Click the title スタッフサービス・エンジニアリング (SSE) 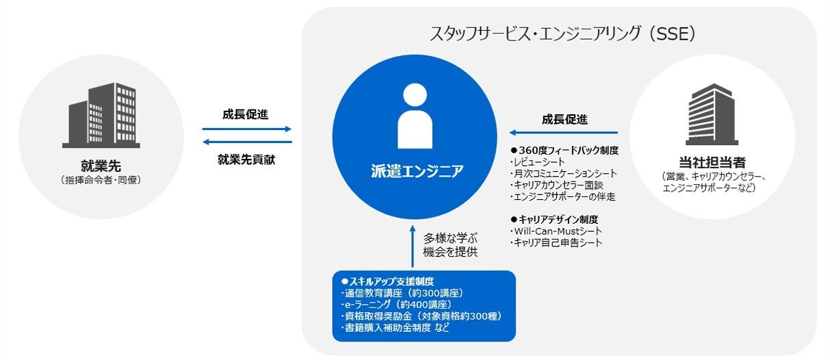pyautogui.click(x=562, y=33)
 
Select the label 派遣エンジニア pyautogui.click(x=415, y=171)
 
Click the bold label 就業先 pyautogui.click(x=101, y=165)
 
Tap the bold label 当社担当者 pyautogui.click(x=712, y=164)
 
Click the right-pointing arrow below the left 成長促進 pyautogui.click(x=247, y=129)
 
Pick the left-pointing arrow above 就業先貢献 pyautogui.click(x=247, y=142)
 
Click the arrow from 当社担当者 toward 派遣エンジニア pyautogui.click(x=562, y=133)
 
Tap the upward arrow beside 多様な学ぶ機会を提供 pyautogui.click(x=413, y=246)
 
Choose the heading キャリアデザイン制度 pyautogui.click(x=558, y=220)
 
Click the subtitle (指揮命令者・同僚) pyautogui.click(x=101, y=180)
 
